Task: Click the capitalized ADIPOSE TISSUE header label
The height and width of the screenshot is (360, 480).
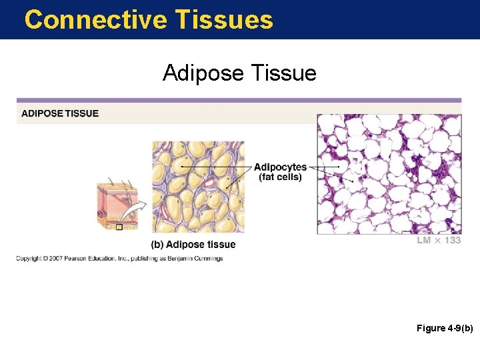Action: coord(60,113)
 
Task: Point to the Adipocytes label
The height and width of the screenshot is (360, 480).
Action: coord(280,167)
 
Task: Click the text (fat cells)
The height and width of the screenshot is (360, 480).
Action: coord(280,177)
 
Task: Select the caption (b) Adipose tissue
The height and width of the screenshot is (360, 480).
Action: coord(193,245)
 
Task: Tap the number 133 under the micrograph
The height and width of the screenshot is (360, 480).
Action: coord(451,241)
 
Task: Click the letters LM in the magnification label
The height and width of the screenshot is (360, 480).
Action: coord(424,241)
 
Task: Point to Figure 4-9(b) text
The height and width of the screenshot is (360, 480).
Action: coord(445,329)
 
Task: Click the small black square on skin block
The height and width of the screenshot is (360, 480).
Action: coord(119,227)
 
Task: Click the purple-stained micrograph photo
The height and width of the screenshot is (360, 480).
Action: coord(389,173)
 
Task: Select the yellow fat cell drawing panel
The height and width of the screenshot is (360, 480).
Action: coord(198,187)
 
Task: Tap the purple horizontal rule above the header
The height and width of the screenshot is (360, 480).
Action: coord(239,101)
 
